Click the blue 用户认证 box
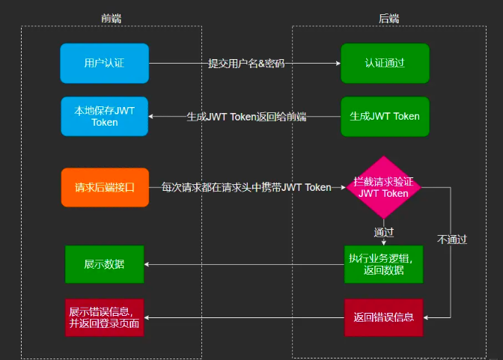click(104, 63)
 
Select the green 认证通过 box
click(385, 63)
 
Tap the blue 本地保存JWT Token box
click(104, 116)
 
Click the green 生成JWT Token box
click(385, 116)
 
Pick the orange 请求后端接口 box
click(104, 187)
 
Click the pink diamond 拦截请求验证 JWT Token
click(384, 187)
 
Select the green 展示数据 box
click(104, 264)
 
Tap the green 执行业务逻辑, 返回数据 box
click(384, 263)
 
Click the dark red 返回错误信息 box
click(384, 317)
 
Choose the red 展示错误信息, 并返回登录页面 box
click(104, 317)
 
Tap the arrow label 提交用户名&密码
click(246, 64)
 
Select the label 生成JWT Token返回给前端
click(246, 117)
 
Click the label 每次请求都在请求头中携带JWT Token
click(246, 188)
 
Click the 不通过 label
click(452, 240)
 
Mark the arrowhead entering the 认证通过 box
click(338, 64)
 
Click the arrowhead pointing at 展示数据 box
click(147, 264)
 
